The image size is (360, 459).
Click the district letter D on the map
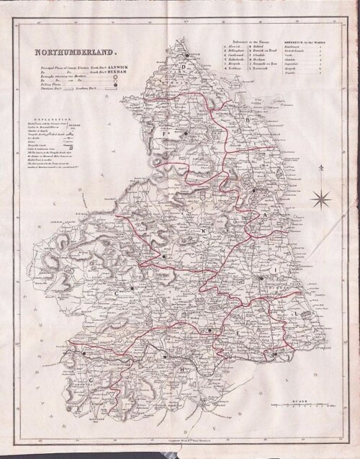pos(184,70)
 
